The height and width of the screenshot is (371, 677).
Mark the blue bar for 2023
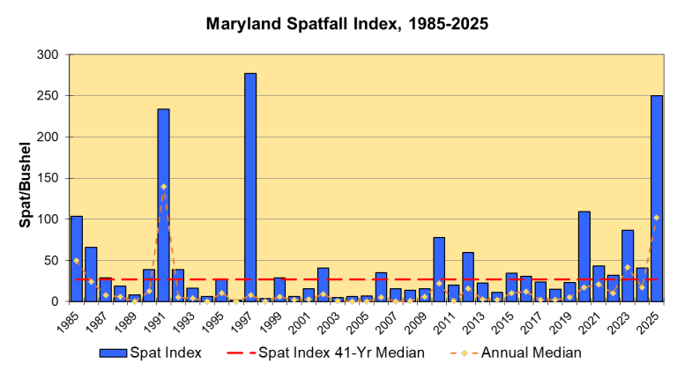[x=628, y=265]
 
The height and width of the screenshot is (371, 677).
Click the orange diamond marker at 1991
[x=163, y=187]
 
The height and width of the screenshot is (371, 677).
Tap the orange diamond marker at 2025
[x=657, y=218]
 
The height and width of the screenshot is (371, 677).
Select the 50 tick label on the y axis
[x=52, y=260]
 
